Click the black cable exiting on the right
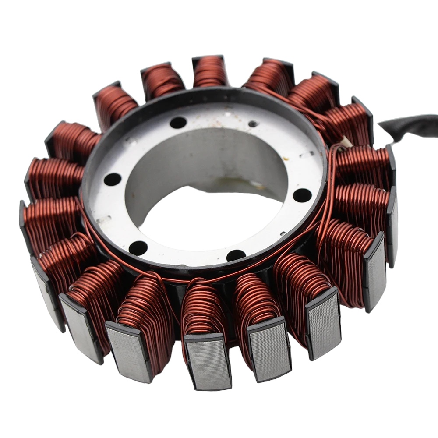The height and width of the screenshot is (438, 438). tap(412, 124)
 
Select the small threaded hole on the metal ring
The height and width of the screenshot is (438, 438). tap(253, 124)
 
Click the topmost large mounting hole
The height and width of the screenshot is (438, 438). tap(178, 123)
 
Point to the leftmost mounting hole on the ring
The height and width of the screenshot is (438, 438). tap(113, 179)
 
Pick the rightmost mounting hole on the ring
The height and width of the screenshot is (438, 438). tap(302, 195)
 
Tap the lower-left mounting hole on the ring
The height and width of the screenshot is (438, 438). tap(138, 248)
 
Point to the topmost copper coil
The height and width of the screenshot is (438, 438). tap(209, 72)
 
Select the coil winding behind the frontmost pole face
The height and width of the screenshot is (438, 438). tap(203, 307)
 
